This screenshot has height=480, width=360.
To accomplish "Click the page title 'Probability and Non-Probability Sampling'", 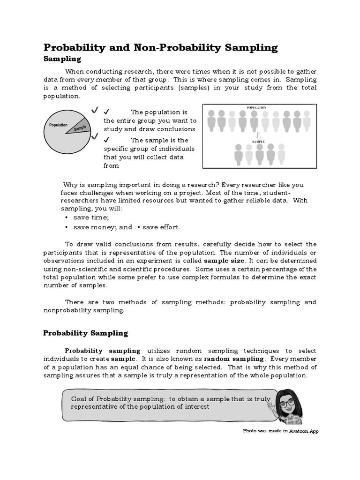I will tap(160, 48).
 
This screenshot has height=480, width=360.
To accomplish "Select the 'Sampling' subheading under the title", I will tap(62, 59).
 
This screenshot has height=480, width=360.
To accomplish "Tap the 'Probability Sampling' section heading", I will tap(85, 333).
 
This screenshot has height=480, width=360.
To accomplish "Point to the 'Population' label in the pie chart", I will tap(58, 125).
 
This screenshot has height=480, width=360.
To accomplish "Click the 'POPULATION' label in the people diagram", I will tap(256, 107).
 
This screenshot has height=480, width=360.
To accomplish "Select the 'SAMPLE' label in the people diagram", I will tap(259, 141).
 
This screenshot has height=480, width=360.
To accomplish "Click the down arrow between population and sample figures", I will tap(259, 135).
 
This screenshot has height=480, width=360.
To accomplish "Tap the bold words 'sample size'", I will tap(224, 261).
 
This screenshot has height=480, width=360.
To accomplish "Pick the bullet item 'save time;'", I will tap(91, 218).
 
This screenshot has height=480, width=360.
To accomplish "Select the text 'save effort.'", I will tap(161, 227).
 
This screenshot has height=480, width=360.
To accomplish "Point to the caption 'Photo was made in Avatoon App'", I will tap(280, 431).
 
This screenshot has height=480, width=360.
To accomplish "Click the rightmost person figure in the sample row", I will tap(281, 153).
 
